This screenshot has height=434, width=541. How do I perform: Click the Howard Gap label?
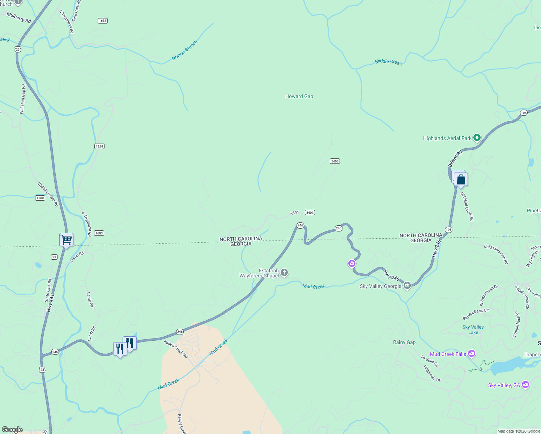pos(299,96)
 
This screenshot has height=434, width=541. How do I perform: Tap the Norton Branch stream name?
pos(185,50)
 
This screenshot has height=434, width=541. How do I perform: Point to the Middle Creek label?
pos(388,62)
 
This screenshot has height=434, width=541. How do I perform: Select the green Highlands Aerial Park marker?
pos(477,137)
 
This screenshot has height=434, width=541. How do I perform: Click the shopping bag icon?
pos(461,179)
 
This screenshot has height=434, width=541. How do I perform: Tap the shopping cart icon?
pos(66,239)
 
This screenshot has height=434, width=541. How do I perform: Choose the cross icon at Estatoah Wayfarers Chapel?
pos(284,273)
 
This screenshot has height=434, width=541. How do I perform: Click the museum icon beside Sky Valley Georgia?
pos(407,286)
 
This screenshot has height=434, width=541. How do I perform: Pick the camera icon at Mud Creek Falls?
pos(472,354)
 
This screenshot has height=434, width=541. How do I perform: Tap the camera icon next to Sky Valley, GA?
pos(526,385)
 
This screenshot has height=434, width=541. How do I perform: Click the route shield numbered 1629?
pos(99,146)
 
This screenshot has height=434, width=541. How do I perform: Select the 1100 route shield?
pos(40,198)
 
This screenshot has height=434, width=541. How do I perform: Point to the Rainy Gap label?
pos(404,342)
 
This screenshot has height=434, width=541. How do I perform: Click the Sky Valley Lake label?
pos(473,329)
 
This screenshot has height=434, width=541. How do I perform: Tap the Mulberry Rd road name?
pos(19,17)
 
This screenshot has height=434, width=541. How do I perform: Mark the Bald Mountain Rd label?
pos(496,254)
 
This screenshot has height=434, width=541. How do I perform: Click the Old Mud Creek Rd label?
pos(467,207)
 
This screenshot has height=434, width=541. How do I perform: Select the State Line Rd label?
pos(48,290)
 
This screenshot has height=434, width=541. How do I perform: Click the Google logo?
pos(12,430)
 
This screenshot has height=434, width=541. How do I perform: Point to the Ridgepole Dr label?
pos(432,374)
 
